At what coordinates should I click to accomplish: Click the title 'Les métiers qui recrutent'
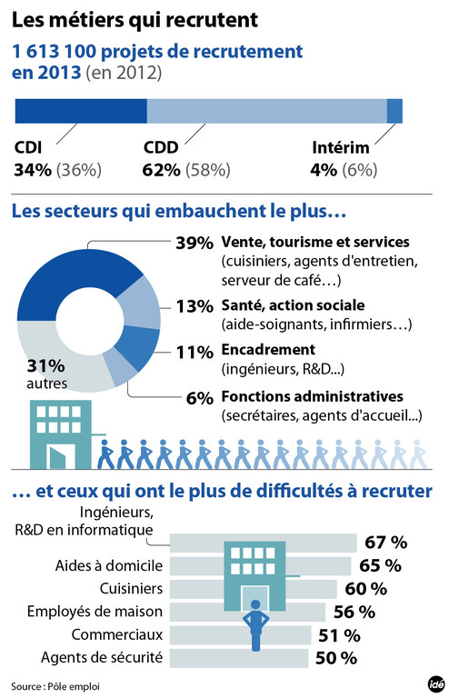click(x=135, y=17)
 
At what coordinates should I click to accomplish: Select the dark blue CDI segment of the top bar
click(x=81, y=111)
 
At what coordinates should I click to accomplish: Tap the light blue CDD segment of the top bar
click(x=266, y=111)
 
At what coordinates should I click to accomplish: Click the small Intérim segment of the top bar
click(x=394, y=111)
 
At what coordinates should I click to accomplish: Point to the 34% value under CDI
click(x=33, y=170)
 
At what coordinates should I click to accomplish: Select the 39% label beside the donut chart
click(x=193, y=243)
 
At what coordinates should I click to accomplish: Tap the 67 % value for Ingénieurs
click(x=385, y=543)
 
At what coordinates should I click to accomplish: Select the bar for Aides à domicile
click(x=264, y=565)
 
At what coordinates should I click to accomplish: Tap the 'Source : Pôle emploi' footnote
click(x=54, y=684)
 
